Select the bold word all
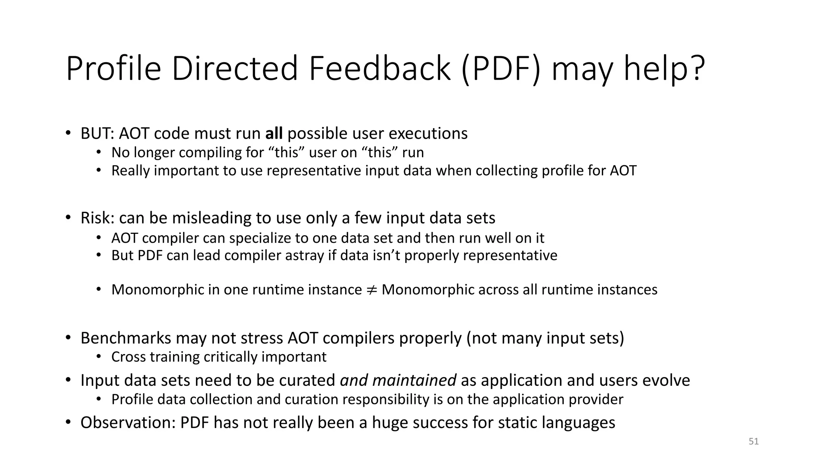[274, 133]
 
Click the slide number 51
[754, 441]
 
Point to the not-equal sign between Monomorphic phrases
[371, 290]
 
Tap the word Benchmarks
[126, 338]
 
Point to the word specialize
[260, 238]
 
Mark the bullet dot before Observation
[68, 422]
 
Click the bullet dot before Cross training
[99, 356]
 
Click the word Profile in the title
[113, 69]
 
